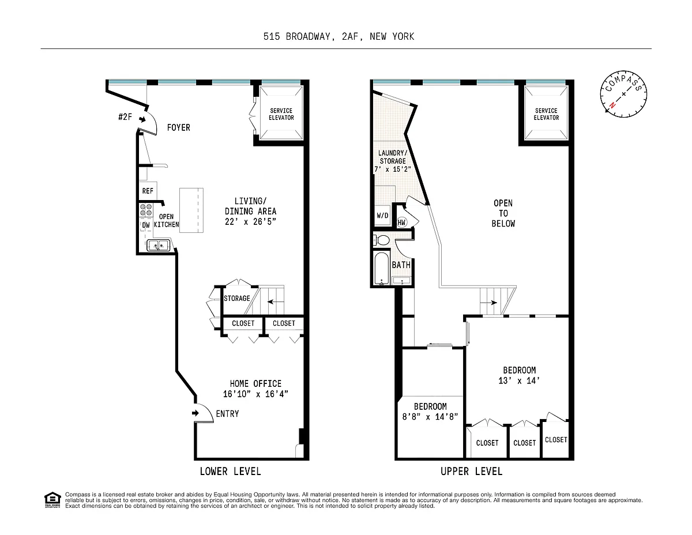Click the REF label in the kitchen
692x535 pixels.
148,191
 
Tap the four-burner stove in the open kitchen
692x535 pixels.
146,210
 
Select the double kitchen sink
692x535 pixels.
158,246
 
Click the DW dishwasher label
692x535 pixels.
146,225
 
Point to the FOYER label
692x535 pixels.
179,127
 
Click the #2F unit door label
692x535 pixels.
125,117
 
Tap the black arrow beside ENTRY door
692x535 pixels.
195,413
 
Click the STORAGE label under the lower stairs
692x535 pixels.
237,299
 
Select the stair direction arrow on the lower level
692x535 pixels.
276,302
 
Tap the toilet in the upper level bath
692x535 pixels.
381,240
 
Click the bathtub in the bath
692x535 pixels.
382,269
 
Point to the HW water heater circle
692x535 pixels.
401,223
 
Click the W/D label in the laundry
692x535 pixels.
382,216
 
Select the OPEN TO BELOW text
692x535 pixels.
503,213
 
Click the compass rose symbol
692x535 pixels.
623,94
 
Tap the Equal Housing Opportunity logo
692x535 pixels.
52,500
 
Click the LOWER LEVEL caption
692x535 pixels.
230,472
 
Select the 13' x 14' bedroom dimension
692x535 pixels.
519,380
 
